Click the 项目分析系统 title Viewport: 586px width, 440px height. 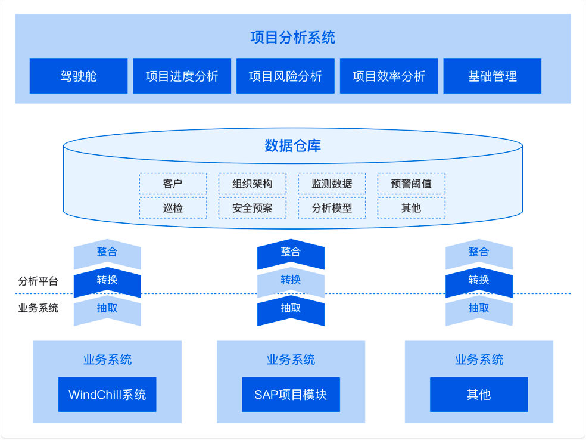pos(292,38)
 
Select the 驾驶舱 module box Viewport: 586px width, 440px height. pos(79,76)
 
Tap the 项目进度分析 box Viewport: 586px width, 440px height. pos(182,76)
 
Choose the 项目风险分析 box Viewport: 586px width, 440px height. pos(285,76)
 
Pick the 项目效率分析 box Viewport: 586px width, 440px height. pos(389,76)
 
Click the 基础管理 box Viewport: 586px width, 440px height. pos(492,76)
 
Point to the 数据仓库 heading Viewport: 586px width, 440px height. pos(292,145)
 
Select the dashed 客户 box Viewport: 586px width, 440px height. pos(173,184)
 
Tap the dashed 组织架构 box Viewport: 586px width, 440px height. pos(252,184)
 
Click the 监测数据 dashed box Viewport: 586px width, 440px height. pos(332,184)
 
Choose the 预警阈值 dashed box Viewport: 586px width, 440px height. pos(411,184)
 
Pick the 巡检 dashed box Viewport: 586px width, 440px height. pos(173,208)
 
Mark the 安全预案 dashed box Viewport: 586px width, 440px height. pos(252,208)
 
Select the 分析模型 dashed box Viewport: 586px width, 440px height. pos(332,208)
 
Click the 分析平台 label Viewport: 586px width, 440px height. pos(38,281)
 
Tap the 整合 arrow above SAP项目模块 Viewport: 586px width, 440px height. pos(291,253)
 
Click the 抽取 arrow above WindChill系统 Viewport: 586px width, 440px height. pos(107,309)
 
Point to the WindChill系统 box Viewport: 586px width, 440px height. pos(107,394)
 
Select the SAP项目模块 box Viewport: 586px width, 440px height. pos(291,394)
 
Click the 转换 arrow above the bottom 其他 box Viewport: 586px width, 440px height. pos(479,281)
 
